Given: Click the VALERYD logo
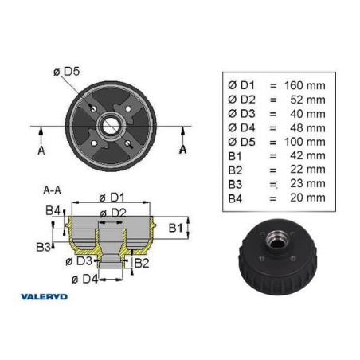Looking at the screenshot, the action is (x=44, y=296).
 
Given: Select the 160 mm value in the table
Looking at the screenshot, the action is (x=305, y=85).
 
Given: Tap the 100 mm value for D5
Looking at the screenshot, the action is (x=305, y=142).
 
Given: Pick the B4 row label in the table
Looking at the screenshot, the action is (x=235, y=198).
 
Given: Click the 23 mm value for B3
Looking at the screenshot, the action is (x=307, y=183).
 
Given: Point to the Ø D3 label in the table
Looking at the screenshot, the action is (x=241, y=114).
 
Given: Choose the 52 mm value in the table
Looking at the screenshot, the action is (x=307, y=100).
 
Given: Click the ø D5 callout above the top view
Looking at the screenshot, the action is (x=67, y=72).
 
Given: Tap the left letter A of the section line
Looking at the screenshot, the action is (x=41, y=151).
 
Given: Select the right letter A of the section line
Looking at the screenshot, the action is (x=182, y=150).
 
